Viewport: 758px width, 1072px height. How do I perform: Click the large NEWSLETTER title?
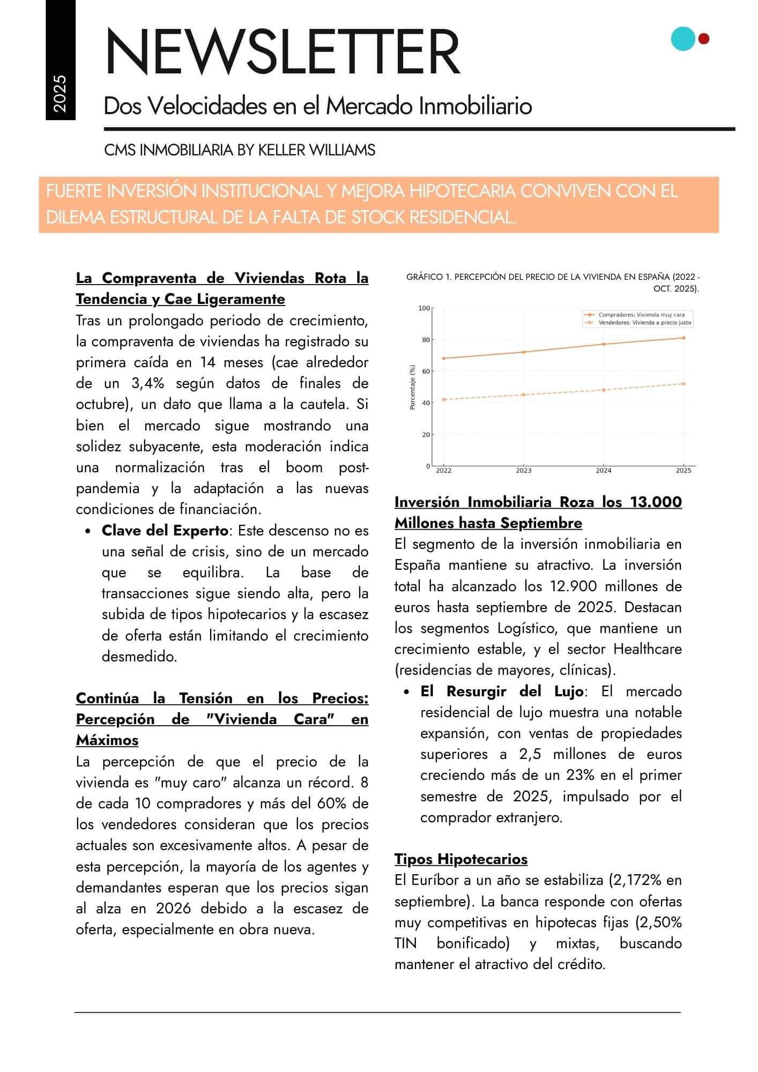coord(283,52)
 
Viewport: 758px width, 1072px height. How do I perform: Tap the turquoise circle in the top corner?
coord(683,39)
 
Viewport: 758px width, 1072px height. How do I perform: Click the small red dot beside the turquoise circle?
coord(704,39)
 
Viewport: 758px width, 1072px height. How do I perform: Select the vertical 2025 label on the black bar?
coord(60,94)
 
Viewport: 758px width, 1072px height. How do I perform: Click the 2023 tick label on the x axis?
coord(523,471)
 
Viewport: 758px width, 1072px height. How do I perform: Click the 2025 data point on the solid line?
coord(683,338)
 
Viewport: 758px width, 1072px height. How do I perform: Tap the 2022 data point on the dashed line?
coord(444,399)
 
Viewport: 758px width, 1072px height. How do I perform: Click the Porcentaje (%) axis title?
coord(412,388)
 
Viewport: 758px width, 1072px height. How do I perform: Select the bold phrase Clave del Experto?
coord(165,531)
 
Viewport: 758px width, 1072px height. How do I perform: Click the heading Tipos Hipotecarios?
coord(460,859)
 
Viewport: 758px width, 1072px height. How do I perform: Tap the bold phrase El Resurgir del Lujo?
coord(502,691)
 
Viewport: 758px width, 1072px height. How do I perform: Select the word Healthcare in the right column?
coord(647,649)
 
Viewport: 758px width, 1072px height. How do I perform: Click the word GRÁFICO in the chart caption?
coord(425,277)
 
